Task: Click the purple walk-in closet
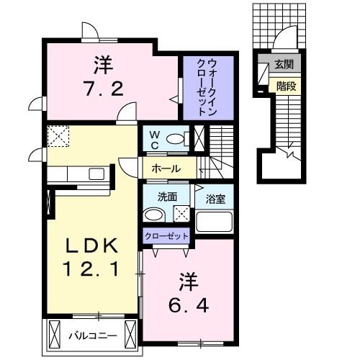pos(208,89)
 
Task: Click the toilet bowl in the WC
pos(175,138)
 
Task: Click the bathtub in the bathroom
pos(215,220)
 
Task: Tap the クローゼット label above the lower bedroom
pos(167,236)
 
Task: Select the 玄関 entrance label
pos(284,66)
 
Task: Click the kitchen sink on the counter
pos(96,173)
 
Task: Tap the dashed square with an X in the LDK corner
pos(57,135)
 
